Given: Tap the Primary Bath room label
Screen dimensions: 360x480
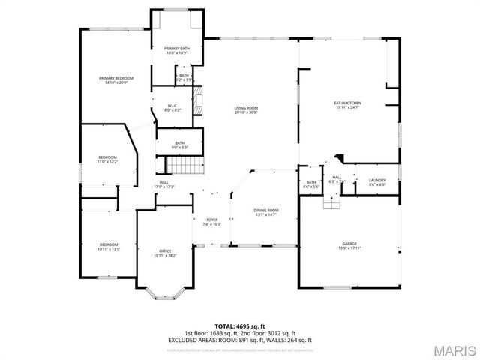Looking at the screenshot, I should coord(178,51).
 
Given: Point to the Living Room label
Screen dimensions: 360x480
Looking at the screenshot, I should coord(246,110).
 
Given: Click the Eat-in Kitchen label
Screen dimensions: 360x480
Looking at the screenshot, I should coord(348,105).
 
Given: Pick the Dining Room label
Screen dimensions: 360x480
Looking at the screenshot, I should coord(266,213).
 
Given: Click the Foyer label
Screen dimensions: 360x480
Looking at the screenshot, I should coord(212,222).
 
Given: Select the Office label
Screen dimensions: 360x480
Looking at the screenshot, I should coord(164,253).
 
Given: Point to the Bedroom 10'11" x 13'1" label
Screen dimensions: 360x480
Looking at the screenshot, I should coord(109,247).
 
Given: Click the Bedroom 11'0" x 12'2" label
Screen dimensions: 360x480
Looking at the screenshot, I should coord(108,159).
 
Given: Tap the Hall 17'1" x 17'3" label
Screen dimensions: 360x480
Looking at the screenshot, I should coord(163,184).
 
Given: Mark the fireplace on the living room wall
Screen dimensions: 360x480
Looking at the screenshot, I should coord(199,100).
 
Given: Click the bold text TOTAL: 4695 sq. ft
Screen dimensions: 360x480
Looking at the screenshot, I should coord(240,326).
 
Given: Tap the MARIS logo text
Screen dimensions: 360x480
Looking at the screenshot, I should coord(453,349).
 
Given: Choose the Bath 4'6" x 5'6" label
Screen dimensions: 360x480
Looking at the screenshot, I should coord(311,184).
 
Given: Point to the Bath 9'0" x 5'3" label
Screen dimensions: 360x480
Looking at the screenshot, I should coord(180,145).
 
